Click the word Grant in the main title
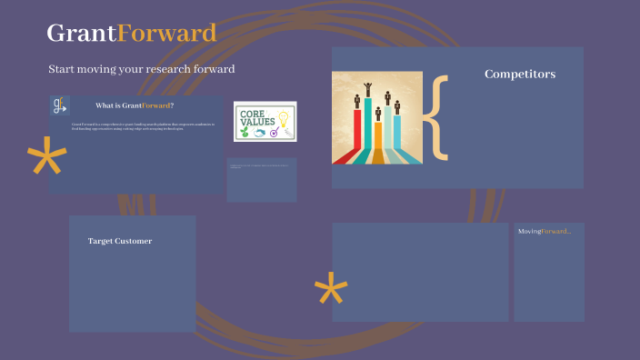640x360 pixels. (x=81, y=34)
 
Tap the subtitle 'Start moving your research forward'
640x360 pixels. (x=142, y=69)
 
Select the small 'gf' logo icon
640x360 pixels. (x=60, y=105)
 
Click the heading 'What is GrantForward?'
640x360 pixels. (x=135, y=105)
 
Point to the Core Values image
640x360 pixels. (x=265, y=121)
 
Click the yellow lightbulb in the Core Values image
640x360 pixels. (x=283, y=117)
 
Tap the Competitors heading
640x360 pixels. (x=519, y=75)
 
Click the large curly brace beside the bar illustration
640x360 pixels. (x=439, y=116)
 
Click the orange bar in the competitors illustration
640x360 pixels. (x=378, y=136)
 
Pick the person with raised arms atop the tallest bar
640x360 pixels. (x=367, y=88)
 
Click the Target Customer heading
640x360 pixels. (x=119, y=241)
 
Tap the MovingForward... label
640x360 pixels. (x=545, y=232)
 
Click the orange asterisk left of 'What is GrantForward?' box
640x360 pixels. (x=46, y=161)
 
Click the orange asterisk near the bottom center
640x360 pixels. (x=331, y=290)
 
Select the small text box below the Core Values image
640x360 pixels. (x=261, y=179)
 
